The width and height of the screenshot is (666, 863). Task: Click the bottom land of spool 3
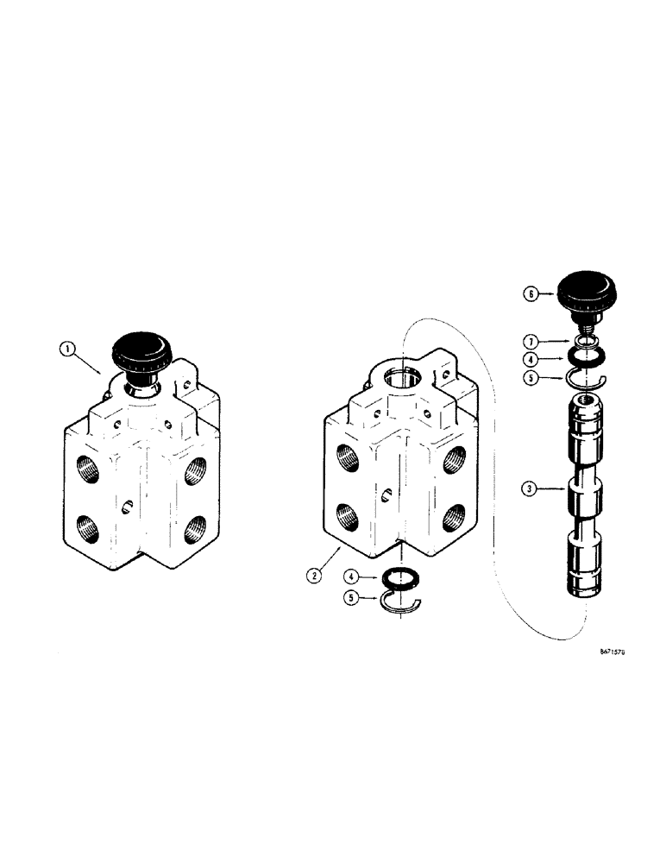click(584, 564)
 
